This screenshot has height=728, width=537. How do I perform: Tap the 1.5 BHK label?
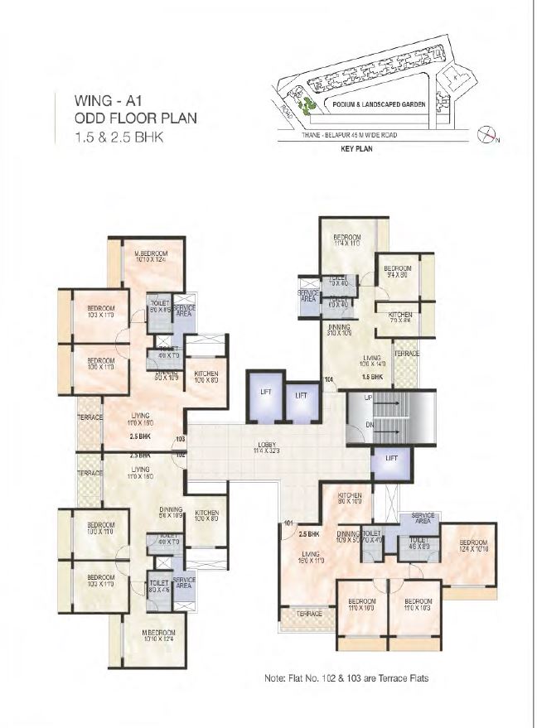click(x=370, y=377)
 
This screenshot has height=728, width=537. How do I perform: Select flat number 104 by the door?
click(x=329, y=380)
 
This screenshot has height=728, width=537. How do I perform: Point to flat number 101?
click(x=288, y=523)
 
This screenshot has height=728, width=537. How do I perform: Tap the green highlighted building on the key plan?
click(x=308, y=106)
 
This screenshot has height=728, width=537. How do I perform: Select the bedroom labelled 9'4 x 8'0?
click(x=397, y=272)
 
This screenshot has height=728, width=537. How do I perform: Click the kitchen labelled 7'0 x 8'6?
click(x=401, y=319)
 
